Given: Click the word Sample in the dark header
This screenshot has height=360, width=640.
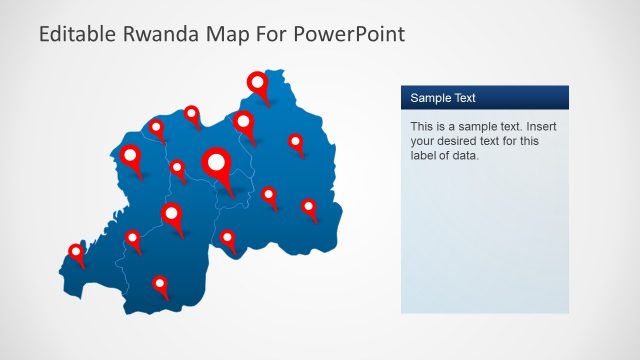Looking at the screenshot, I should pyautogui.click(x=430, y=98).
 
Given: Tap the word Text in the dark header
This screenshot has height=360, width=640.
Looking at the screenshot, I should pyautogui.click(x=464, y=98).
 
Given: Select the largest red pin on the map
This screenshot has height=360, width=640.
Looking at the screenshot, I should pyautogui.click(x=217, y=161).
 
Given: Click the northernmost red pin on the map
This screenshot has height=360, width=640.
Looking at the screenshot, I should pyautogui.click(x=258, y=82).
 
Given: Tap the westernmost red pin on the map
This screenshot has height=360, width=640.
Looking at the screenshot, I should pyautogui.click(x=76, y=251).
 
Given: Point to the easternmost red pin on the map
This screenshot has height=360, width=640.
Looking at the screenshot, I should pyautogui.click(x=309, y=207).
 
